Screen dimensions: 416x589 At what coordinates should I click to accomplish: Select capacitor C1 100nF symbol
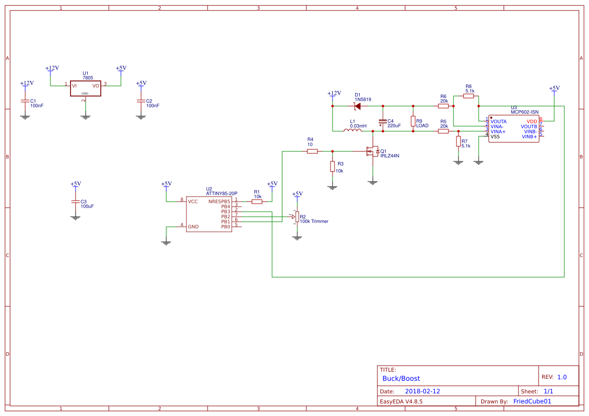tap(25, 101)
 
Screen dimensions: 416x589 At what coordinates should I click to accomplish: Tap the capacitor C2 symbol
tap(141, 101)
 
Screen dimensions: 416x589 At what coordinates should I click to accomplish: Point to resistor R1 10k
tap(257, 202)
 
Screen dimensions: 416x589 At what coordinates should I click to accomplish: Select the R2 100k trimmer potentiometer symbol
tap(297, 217)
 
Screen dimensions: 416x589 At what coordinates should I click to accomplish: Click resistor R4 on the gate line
tap(312, 151)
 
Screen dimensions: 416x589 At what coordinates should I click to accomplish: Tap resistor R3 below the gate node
tap(332, 167)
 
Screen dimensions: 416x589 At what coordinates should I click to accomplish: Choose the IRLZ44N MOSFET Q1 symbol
tap(373, 151)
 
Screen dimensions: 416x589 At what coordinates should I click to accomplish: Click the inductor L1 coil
tap(353, 130)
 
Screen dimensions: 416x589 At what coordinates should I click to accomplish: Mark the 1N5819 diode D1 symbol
tap(357, 106)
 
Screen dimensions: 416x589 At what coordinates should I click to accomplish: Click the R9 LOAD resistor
tap(413, 121)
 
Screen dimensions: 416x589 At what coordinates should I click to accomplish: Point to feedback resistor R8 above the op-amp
tap(468, 96)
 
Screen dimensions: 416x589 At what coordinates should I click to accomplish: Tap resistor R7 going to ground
tap(458, 141)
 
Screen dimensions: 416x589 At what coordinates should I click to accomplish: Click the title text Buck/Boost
tap(401, 378)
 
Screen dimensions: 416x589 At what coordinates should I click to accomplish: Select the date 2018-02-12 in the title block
tap(422, 391)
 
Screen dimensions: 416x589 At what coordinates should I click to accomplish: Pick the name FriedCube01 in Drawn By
tap(532, 401)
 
